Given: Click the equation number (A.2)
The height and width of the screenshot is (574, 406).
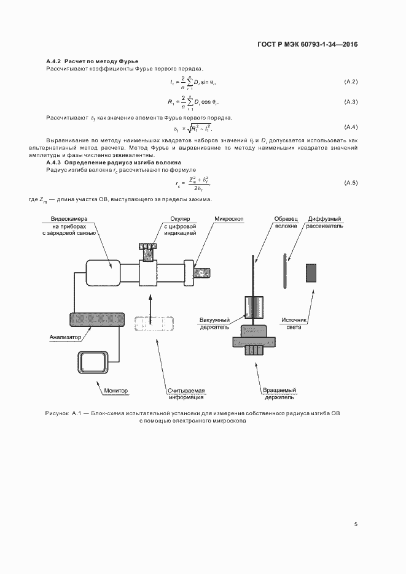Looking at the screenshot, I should tap(351, 82).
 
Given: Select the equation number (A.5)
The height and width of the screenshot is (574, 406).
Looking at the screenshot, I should tap(351, 183).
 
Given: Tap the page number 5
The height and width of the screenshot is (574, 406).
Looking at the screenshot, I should tap(356, 524).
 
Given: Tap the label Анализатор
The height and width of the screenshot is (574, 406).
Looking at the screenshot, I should tap(64, 337).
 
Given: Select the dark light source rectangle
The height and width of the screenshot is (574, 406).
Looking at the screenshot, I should tap(311, 272).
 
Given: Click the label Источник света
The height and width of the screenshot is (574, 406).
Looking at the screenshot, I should tap(294, 323).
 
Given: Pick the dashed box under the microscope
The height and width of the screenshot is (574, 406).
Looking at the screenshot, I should tap(154, 323).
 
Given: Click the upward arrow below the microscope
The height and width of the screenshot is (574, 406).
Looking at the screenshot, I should tap(150, 302).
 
